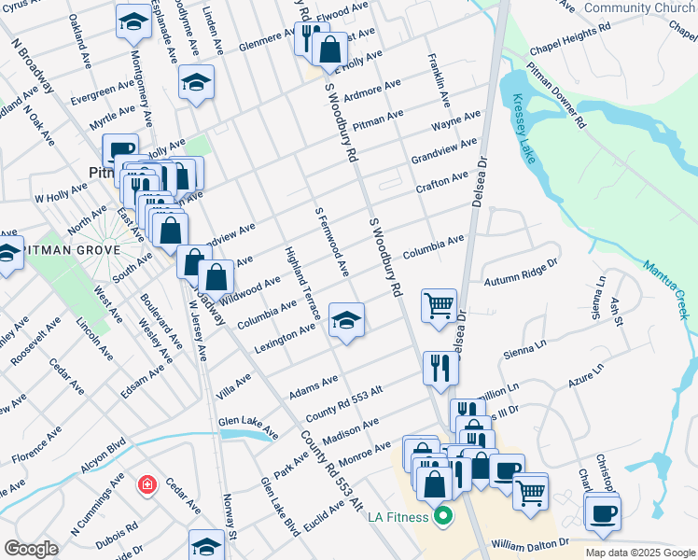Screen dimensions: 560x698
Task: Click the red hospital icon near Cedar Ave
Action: click(x=147, y=484)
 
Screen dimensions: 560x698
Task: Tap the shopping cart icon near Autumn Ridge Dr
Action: click(x=439, y=305)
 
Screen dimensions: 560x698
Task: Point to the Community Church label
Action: click(x=638, y=8)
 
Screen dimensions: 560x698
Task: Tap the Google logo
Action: click(x=32, y=549)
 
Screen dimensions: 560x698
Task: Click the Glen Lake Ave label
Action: click(x=248, y=427)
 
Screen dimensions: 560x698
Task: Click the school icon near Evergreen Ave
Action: click(x=196, y=82)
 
